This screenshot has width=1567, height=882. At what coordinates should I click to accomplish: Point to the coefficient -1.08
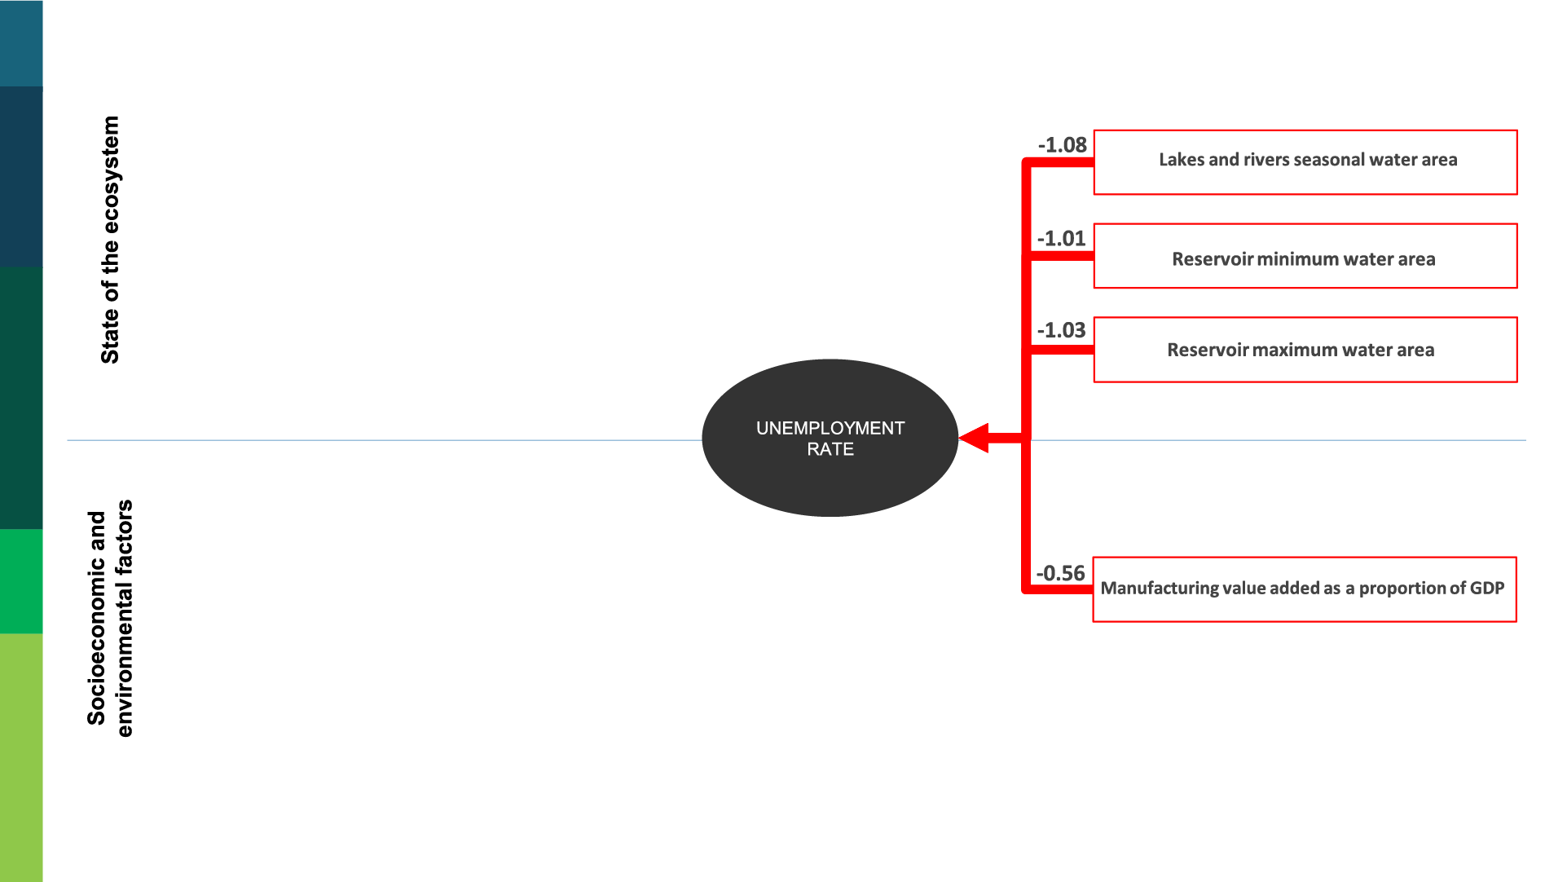click(x=1063, y=145)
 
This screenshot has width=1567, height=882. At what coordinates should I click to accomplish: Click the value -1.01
click(x=1062, y=239)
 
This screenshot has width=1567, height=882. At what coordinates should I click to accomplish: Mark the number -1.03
click(x=1062, y=330)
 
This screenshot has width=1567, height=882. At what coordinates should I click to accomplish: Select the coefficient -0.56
click(x=1061, y=573)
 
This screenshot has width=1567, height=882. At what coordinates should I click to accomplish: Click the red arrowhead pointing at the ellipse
click(x=975, y=439)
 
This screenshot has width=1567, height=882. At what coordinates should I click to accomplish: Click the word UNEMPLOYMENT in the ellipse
click(x=830, y=428)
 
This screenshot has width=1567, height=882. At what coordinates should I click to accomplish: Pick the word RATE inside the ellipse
click(x=830, y=449)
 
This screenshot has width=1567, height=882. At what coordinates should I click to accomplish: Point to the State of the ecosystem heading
click(x=110, y=240)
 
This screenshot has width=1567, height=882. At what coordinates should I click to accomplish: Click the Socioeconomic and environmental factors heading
click(x=110, y=618)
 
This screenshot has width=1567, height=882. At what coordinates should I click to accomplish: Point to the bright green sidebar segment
click(x=21, y=581)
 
